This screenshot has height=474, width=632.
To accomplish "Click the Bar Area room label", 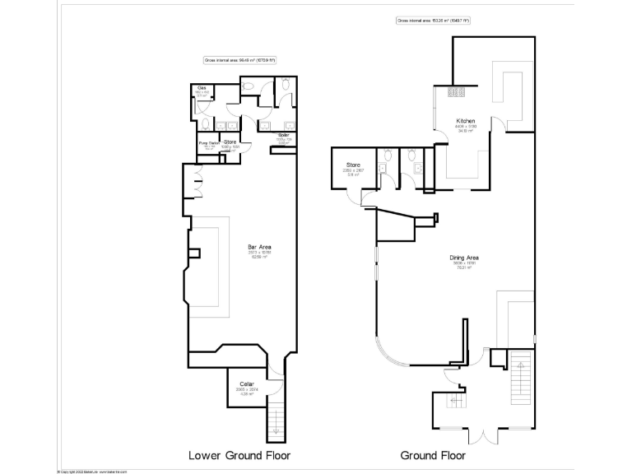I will (260, 247).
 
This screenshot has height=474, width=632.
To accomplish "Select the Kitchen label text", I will (466, 121).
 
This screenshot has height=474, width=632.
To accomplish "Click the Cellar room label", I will (246, 384).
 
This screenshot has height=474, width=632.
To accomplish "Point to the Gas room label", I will (201, 87).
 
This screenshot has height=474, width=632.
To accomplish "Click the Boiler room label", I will (282, 134).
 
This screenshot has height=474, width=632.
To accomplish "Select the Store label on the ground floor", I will (354, 165).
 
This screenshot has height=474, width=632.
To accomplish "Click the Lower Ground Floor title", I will (239, 454).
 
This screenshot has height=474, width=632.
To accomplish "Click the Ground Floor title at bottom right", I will (433, 454).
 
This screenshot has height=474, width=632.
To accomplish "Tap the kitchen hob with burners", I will (458, 92).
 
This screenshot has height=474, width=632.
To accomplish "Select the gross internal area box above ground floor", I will (433, 20).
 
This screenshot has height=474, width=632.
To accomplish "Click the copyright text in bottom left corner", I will (91, 471).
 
